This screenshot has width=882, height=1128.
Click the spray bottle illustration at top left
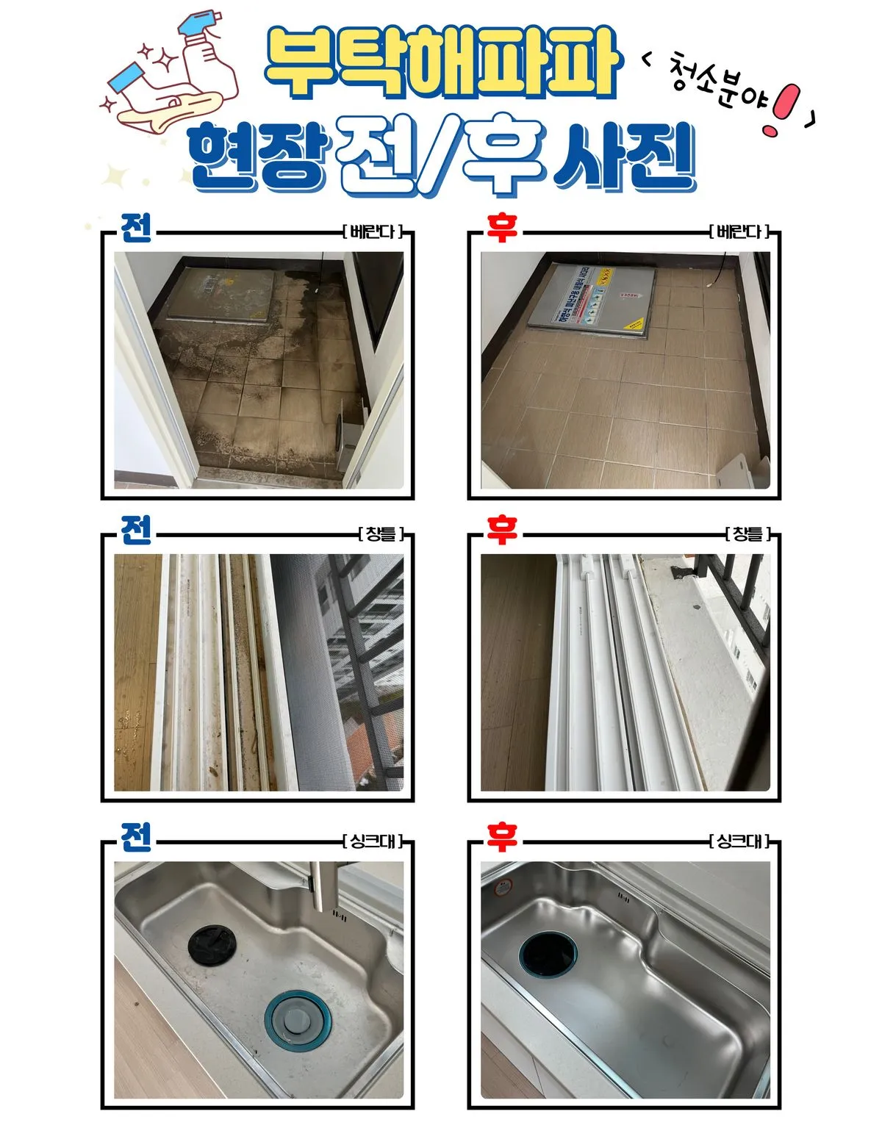pos(202,55)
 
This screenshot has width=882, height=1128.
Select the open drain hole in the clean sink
pos(548,956)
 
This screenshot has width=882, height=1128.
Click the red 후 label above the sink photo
pos(501,837)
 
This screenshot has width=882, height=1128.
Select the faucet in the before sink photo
pos(322,885)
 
